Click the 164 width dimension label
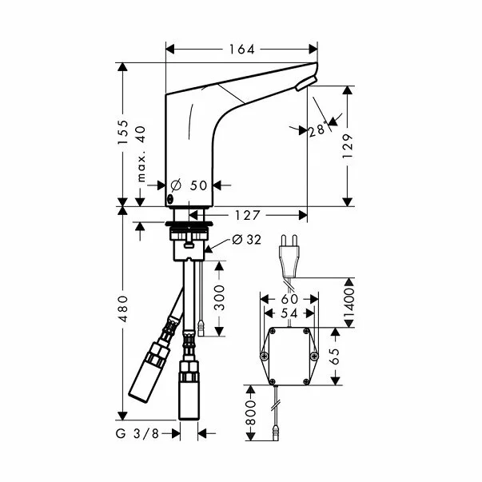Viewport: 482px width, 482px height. [x=242, y=50]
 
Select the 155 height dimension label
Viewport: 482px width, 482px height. [x=122, y=132]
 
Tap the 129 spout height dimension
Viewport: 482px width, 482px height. [x=348, y=146]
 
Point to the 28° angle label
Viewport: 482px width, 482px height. [x=318, y=129]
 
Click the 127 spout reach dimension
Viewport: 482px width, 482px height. [x=248, y=215]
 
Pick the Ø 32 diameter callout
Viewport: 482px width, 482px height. [x=246, y=240]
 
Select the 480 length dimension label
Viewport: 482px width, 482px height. [x=122, y=309]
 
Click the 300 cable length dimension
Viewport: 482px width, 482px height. [x=219, y=298]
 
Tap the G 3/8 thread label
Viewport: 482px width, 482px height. [x=137, y=433]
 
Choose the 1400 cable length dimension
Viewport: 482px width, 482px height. [x=349, y=303]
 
